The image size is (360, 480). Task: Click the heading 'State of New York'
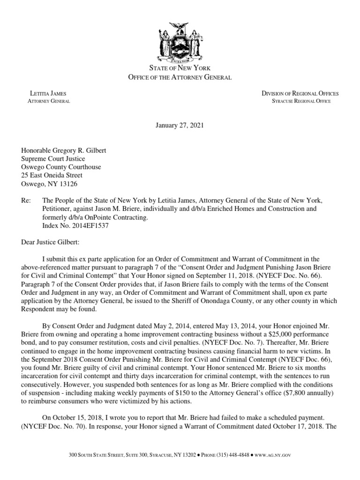(180, 68)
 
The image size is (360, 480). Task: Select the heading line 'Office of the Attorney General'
(180, 77)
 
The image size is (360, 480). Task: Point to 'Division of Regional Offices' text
(300, 94)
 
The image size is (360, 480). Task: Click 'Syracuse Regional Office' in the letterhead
(301, 101)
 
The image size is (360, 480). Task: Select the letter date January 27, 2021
(180, 126)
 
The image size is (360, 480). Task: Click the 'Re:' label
(25, 200)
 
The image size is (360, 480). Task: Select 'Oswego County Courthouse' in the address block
(60, 167)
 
